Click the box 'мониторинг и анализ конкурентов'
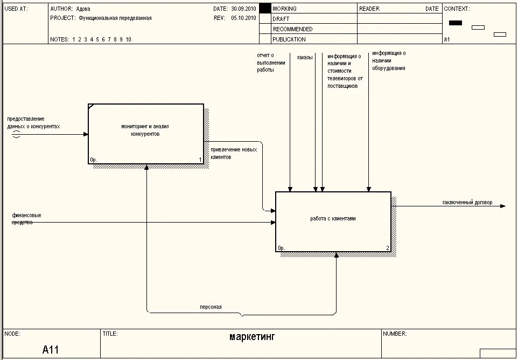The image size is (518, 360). [x=146, y=133]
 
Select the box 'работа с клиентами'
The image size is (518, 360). [x=333, y=221]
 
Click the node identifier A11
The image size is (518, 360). [x=51, y=350]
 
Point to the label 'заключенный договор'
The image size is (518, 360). [x=467, y=203]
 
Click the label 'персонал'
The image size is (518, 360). [x=211, y=307]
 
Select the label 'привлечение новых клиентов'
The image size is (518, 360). [x=234, y=153]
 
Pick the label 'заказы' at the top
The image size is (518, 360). [x=304, y=57]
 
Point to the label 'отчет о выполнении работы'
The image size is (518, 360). [x=265, y=63]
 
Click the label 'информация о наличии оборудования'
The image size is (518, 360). [x=388, y=60]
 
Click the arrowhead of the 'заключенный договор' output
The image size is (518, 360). [x=503, y=206]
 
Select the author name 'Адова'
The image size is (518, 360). [x=83, y=9]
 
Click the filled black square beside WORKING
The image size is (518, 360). [x=264, y=9]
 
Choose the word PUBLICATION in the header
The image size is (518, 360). [x=289, y=39]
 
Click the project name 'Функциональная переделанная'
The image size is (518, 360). [x=115, y=18]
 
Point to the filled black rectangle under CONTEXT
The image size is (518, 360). [x=456, y=23]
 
